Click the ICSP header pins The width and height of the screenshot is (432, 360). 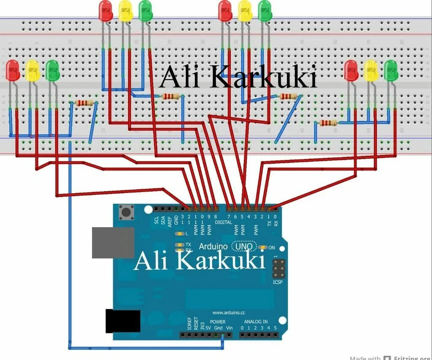(x=278, y=268)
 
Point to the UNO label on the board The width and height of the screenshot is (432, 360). (x=244, y=246)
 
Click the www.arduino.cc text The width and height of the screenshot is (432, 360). (x=229, y=313)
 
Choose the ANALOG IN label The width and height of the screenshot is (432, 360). (x=254, y=322)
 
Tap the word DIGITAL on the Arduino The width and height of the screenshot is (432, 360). (x=223, y=222)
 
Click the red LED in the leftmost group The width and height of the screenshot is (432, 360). (x=12, y=70)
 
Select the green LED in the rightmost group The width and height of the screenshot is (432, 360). (x=391, y=70)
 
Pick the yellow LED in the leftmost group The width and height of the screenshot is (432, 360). (x=32, y=70)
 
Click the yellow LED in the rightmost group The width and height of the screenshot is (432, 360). (x=371, y=70)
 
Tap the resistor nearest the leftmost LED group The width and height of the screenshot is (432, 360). (x=84, y=103)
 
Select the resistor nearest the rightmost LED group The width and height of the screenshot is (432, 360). (x=328, y=123)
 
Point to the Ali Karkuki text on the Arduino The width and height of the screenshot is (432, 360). (x=199, y=261)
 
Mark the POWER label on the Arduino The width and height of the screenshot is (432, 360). (x=218, y=322)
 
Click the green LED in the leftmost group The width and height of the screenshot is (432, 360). (x=53, y=70)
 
